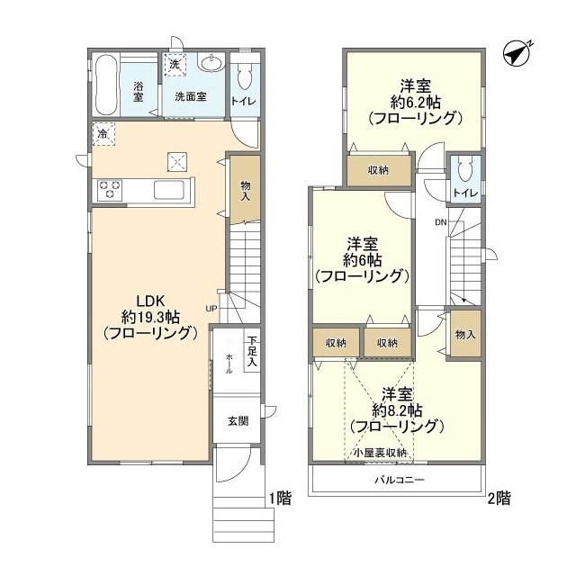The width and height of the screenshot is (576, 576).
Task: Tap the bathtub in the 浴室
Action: coord(106,85)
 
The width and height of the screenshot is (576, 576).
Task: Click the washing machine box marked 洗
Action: coord(175,65)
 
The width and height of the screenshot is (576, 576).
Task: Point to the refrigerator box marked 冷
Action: coord(103,134)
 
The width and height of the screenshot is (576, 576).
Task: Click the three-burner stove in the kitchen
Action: coord(110,190)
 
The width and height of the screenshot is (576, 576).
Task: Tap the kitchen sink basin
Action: coord(168,190)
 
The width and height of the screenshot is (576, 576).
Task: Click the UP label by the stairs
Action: coord(211,308)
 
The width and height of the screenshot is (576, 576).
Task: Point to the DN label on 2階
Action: coord(441,222)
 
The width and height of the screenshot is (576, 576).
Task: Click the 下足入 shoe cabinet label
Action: coord(252,351)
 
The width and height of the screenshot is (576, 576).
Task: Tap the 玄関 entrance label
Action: coord(238,421)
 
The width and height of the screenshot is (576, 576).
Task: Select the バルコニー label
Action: coord(400,480)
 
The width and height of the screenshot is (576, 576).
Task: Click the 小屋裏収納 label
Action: coord(381,453)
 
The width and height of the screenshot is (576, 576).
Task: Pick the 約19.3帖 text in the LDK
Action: coord(150,317)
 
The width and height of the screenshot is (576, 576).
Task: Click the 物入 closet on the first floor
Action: coord(246,190)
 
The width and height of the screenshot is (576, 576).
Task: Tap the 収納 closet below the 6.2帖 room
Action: coord(379,170)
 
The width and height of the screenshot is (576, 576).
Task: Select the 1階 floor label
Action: coord(280,499)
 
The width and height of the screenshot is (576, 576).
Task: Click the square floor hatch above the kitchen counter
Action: coord(177,162)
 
